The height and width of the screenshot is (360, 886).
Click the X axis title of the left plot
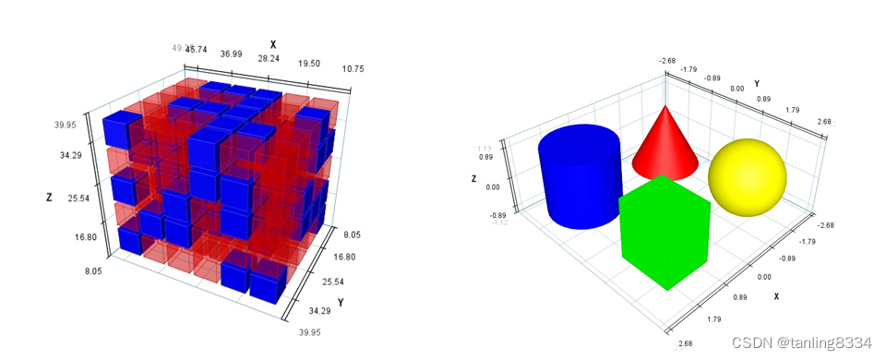coord(272,44)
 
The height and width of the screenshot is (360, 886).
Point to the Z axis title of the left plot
coord(48,197)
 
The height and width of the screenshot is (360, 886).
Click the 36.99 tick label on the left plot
coord(232,54)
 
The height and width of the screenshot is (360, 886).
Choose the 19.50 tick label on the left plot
coord(309,63)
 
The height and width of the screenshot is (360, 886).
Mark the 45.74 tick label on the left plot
coord(195,50)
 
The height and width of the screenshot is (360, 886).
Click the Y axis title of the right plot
coord(757,84)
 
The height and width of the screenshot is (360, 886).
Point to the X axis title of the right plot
coord(776,296)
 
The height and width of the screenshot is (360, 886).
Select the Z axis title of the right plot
coord(473,179)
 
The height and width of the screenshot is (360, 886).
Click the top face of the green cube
coord(663,189)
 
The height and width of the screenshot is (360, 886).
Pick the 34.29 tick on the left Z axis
coord(71,156)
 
